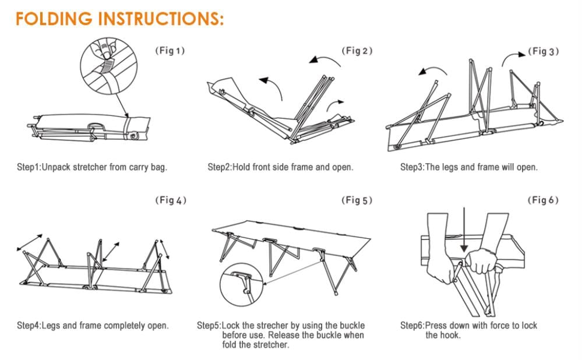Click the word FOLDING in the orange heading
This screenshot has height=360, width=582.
[x=54, y=19]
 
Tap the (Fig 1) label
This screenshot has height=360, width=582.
[x=170, y=51]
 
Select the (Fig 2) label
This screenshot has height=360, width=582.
[x=357, y=51]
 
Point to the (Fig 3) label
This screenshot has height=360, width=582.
[x=544, y=51]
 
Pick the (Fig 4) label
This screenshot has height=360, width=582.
[x=170, y=200]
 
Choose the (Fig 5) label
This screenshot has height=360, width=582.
[x=357, y=200]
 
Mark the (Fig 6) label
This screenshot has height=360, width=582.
[x=543, y=200]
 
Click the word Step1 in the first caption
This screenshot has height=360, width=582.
[x=28, y=167]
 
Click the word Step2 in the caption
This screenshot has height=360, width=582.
[x=219, y=167]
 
